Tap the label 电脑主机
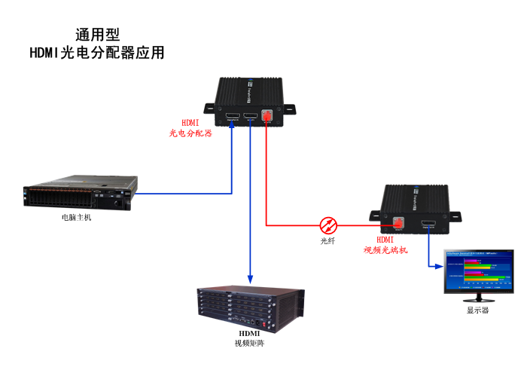tap(77, 218)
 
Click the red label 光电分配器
tap(190, 133)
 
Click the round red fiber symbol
tap(328, 225)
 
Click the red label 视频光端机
tap(385, 249)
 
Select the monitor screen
tap(478, 270)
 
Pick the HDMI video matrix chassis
tap(250, 307)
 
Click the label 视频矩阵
tap(249, 344)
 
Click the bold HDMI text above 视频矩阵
tap(249, 333)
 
